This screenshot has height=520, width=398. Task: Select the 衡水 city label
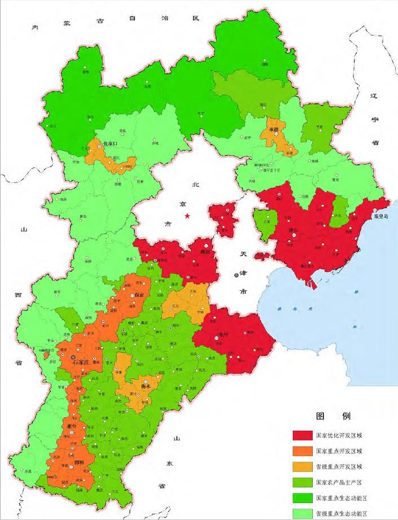point(145,387)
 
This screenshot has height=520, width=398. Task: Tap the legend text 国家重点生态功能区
point(342,498)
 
